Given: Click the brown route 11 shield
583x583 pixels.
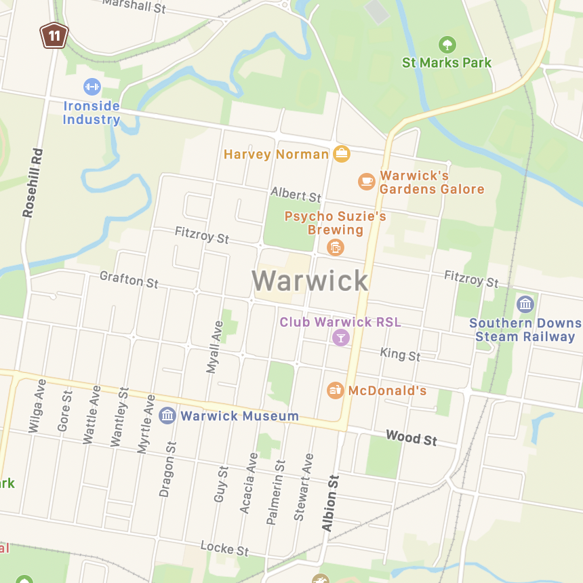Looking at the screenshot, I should point(54,35).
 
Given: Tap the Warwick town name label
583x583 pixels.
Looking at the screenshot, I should point(310,281).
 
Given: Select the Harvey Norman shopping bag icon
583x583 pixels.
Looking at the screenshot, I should point(342,154).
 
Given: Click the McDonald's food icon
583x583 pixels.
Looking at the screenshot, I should point(335,390).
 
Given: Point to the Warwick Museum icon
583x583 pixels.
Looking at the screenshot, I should point(167,416).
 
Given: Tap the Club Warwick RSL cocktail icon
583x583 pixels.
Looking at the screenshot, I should point(340,337).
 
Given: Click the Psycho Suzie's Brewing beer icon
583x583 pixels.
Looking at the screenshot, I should point(335,247).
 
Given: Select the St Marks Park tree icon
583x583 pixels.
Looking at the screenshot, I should point(447,45).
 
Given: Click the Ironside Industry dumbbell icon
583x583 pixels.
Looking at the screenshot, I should point(92,87).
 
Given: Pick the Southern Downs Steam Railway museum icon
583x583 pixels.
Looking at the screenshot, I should point(525,304).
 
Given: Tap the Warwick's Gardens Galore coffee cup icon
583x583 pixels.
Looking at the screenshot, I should point(366,181).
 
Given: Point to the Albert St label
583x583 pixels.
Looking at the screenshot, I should point(296,195).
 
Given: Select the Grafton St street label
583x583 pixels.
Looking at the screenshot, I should point(129,279).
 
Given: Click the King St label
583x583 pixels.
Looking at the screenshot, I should point(400,354).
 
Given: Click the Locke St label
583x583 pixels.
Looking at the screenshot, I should point(224,548).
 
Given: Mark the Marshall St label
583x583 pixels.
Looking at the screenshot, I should point(134,6).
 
